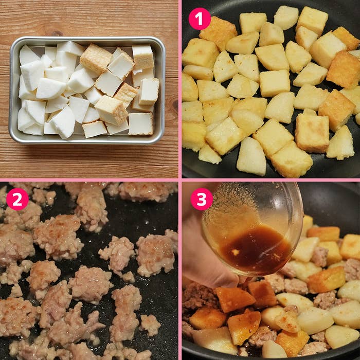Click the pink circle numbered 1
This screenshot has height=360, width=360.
coord(200,19)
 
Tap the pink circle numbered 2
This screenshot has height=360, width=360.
coord(17,199)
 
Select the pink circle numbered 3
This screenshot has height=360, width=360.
coord(202,199)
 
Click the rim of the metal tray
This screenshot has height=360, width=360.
coord(87,39)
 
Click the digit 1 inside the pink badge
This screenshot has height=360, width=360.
coord(200,19)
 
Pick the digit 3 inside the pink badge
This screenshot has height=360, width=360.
coord(202,199)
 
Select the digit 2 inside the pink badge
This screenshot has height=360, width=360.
coord(17,199)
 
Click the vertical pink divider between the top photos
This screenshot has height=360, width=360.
coord(180,89)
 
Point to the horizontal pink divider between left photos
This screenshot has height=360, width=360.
coord(89,180)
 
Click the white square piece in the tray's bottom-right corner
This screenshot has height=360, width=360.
coord(140,123)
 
